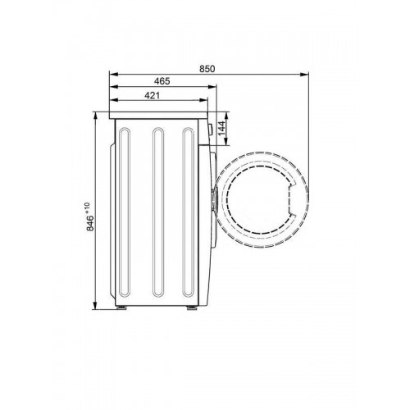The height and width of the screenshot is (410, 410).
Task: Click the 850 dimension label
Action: click(207, 69)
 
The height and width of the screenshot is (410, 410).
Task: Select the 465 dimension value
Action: click(162, 81)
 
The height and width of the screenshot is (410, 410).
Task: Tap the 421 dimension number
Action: click(152, 95)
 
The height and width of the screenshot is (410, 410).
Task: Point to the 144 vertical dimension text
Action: click(221, 128)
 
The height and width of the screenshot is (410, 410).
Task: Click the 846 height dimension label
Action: click(90, 223)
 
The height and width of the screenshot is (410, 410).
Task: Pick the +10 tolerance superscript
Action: click(88, 208)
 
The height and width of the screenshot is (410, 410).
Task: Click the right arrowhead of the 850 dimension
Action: click(304, 74)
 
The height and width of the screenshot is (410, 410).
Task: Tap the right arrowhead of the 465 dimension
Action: click(212, 87)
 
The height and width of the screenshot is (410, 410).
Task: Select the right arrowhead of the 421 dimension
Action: click(203, 100)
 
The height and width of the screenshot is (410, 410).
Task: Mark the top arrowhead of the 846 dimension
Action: click(95, 116)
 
